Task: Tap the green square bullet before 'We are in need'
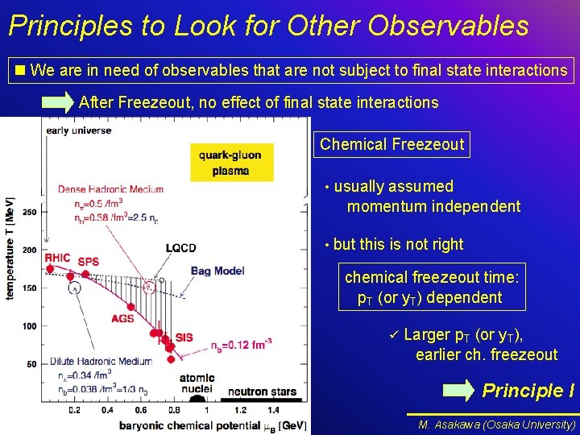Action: (20, 71)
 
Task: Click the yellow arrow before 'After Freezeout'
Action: (58, 102)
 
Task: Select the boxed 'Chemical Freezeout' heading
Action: (391, 145)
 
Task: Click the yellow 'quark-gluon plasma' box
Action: (231, 163)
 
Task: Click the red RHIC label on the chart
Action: (58, 258)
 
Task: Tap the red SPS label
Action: (89, 262)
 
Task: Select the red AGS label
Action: (122, 318)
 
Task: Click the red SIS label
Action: (184, 338)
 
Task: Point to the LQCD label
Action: (180, 247)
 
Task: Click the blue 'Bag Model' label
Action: (217, 271)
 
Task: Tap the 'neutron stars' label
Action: (262, 392)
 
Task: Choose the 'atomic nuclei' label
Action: (197, 383)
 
